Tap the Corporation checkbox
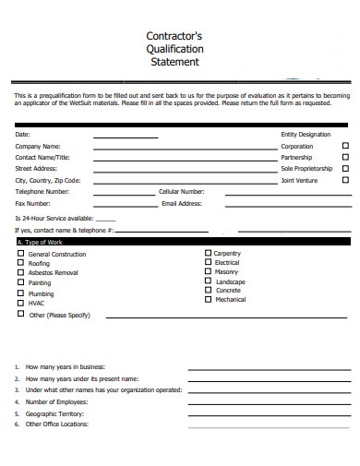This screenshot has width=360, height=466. coord(346,146)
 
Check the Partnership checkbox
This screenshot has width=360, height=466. coord(346,157)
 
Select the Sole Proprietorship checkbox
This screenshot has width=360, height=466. coord(346,169)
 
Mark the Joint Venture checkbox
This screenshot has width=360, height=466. coord(346,181)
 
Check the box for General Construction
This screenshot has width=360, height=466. coord(20,254)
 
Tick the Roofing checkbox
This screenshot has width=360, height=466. coord(20,263)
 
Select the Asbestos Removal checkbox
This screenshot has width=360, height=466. coord(20,273)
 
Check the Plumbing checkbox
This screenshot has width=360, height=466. coord(20,293)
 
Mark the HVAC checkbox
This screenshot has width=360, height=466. coord(20,303)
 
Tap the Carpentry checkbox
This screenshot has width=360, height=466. coord(207,253)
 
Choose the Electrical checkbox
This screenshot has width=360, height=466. coord(207,262)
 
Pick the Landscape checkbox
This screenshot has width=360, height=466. coord(207,281)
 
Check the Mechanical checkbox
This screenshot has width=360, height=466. coord(207,299)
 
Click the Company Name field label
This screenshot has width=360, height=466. coord(38,146)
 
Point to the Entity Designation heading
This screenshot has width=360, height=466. coord(306,135)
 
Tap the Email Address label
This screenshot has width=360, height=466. coord(182,203)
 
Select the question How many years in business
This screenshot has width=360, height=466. coord(66,366)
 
